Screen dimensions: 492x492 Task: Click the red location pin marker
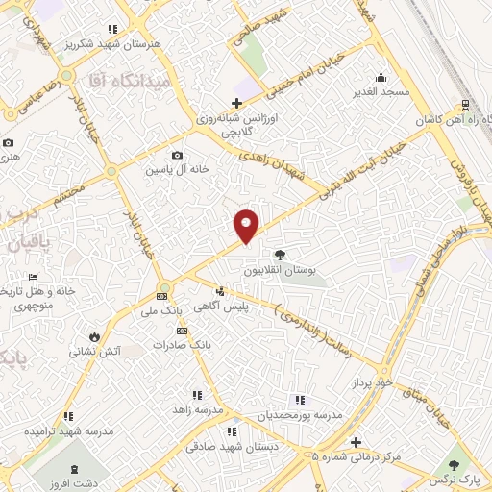pyautogui.click(x=247, y=225)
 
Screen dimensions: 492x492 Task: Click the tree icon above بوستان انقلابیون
pyautogui.click(x=280, y=256)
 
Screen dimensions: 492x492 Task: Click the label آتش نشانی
pyautogui.click(x=93, y=352)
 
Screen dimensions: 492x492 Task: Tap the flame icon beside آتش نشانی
pyautogui.click(x=94, y=336)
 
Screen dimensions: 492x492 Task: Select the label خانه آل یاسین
pyautogui.click(x=177, y=170)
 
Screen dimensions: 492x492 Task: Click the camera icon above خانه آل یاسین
pyautogui.click(x=177, y=155)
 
